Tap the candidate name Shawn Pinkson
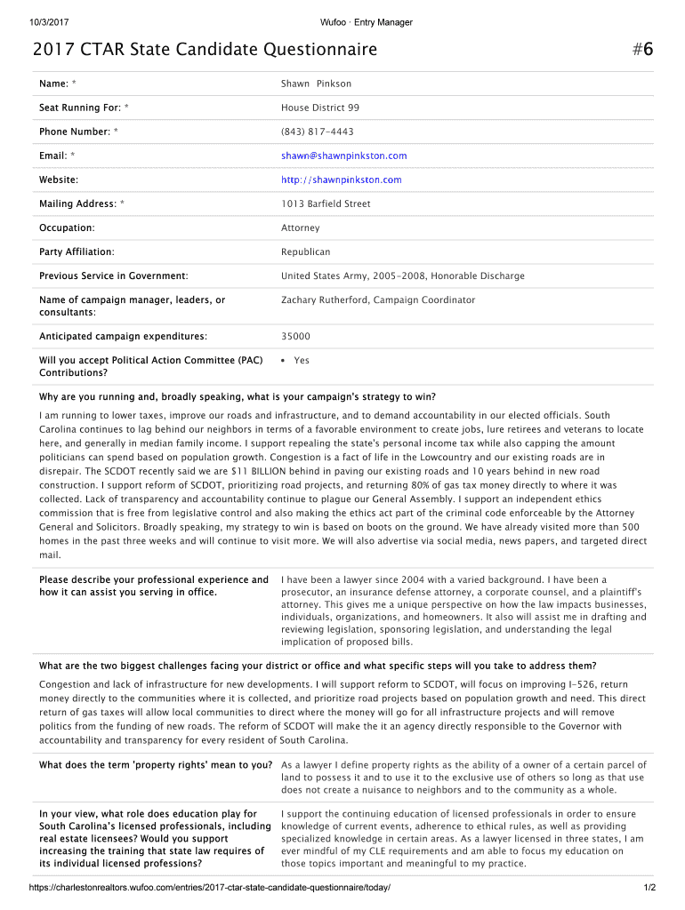pos(316,84)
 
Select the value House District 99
pos(320,108)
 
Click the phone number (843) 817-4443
pos(317,132)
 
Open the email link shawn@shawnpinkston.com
pos(343,156)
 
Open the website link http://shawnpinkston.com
pos(341,180)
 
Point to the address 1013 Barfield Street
pos(326,204)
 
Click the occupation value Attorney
pos(301,228)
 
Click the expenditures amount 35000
pos(295,337)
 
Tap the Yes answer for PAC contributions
pos(302,361)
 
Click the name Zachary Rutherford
pos(324,300)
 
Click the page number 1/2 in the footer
pos(649,889)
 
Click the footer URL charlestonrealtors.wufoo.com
pos(210,889)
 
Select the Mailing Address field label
pos(81,204)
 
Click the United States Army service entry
pos(402,276)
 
